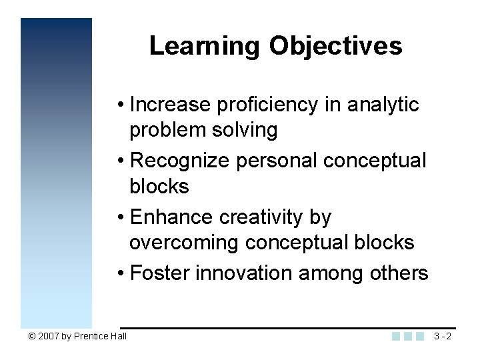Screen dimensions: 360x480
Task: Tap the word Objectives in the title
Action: [x=336, y=46]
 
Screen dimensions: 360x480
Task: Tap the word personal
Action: [x=281, y=161]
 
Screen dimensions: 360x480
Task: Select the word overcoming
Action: [x=185, y=243]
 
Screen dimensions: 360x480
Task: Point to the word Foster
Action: [x=160, y=273]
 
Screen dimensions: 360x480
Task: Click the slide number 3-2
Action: [x=442, y=336]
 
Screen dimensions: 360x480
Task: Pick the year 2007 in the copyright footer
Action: [x=49, y=336]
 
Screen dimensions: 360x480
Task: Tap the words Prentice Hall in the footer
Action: [x=100, y=336]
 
